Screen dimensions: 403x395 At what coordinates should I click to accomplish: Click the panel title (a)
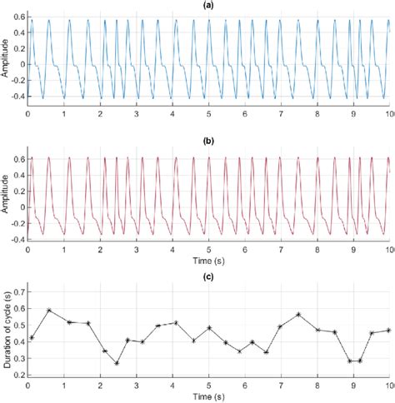pos(208,5)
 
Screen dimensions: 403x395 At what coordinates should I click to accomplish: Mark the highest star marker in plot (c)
pos(49,310)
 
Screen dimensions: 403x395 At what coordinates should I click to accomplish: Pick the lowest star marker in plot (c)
pos(117,363)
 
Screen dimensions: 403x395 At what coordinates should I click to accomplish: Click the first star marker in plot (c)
pos(31,337)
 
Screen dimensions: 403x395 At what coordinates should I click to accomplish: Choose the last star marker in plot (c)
pos(388,330)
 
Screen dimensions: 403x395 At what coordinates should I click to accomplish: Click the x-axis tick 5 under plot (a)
pos(208,112)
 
